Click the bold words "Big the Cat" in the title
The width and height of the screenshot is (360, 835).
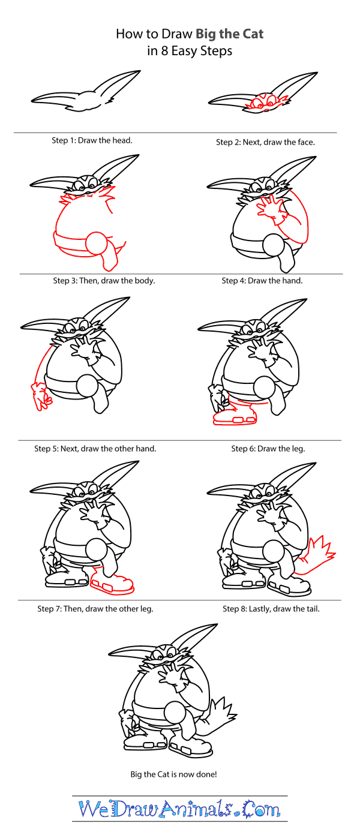tap(229, 34)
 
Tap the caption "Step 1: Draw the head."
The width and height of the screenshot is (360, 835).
tap(92, 140)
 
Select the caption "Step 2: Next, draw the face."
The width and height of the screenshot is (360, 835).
tap(265, 142)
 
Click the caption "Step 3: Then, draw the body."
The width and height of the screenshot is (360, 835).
tap(104, 281)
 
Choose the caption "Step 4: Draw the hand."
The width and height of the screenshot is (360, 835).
tap(262, 281)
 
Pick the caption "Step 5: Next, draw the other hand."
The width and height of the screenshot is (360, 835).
tap(95, 449)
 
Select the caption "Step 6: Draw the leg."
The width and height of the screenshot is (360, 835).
tap(268, 449)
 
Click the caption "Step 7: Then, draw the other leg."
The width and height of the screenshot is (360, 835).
tap(95, 609)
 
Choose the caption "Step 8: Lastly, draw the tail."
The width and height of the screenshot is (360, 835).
tap(271, 609)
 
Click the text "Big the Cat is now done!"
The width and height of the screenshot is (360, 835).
tap(173, 774)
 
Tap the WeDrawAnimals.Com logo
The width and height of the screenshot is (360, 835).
tap(179, 809)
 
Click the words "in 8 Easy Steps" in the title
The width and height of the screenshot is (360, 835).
tap(190, 51)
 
